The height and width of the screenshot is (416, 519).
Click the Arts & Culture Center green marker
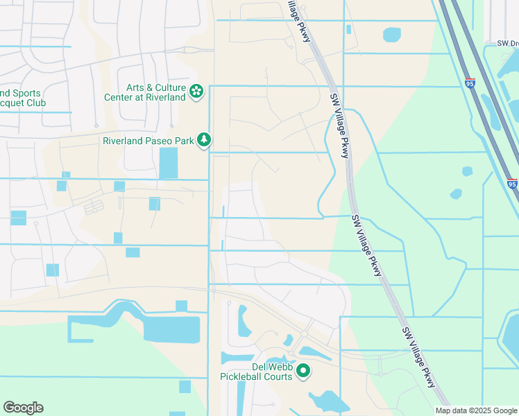click(196, 91)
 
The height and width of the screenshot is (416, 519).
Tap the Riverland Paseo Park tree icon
click(204, 141)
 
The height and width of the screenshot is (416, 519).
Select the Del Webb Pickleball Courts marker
click(303, 372)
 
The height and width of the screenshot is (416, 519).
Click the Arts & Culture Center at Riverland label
click(156, 93)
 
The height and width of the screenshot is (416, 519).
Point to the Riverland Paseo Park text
click(148, 141)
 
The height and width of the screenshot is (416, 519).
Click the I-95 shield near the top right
click(470, 83)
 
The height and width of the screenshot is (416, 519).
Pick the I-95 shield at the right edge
click(512, 184)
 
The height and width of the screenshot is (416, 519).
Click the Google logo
click(23, 408)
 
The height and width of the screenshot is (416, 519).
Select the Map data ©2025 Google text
click(475, 410)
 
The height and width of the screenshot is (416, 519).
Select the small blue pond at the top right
click(392, 34)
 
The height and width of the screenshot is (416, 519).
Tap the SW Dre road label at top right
click(507, 43)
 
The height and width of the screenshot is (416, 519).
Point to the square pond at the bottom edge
click(185, 387)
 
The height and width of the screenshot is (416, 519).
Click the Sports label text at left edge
click(21, 93)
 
